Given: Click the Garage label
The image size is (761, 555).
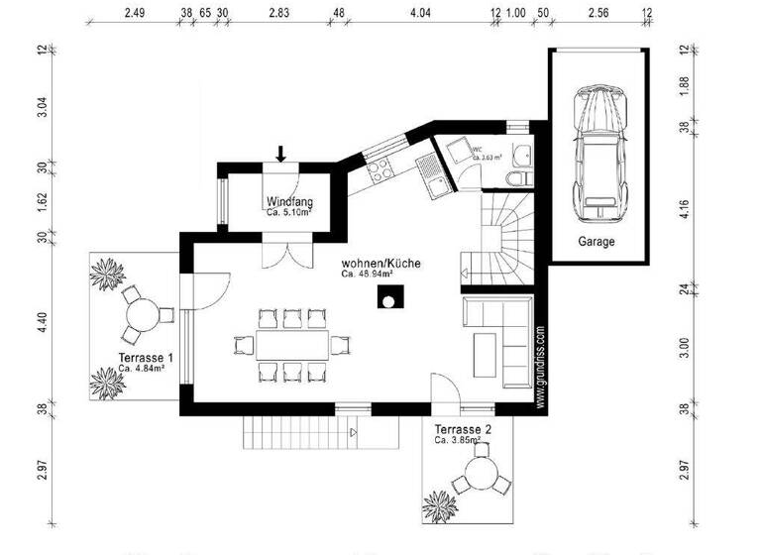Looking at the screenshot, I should (x=597, y=241).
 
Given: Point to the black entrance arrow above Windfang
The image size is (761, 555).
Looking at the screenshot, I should (x=280, y=153).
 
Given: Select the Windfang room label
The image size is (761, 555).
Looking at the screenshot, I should (x=289, y=201).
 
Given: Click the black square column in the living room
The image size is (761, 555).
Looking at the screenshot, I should (x=393, y=298).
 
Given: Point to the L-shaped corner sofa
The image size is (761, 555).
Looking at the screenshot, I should (x=500, y=336).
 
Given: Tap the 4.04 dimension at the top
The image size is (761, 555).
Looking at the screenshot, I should (x=420, y=14).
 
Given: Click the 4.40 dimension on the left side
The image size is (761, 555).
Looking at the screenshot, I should (x=42, y=321).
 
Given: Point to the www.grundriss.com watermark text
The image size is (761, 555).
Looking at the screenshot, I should (x=540, y=368).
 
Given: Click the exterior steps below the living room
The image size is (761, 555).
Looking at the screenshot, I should (x=297, y=432).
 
